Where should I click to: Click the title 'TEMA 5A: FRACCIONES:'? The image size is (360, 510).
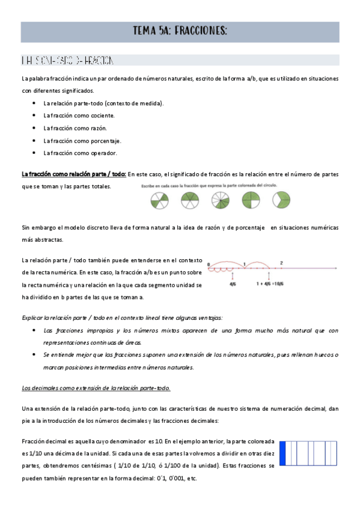tap(180, 32)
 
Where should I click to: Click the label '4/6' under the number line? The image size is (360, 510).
tap(233, 285)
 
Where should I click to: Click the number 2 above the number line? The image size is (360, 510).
tap(281, 263)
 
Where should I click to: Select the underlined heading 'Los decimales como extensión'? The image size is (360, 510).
tap(96, 388)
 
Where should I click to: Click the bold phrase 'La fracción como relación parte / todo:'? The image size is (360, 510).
tap(73, 174)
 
